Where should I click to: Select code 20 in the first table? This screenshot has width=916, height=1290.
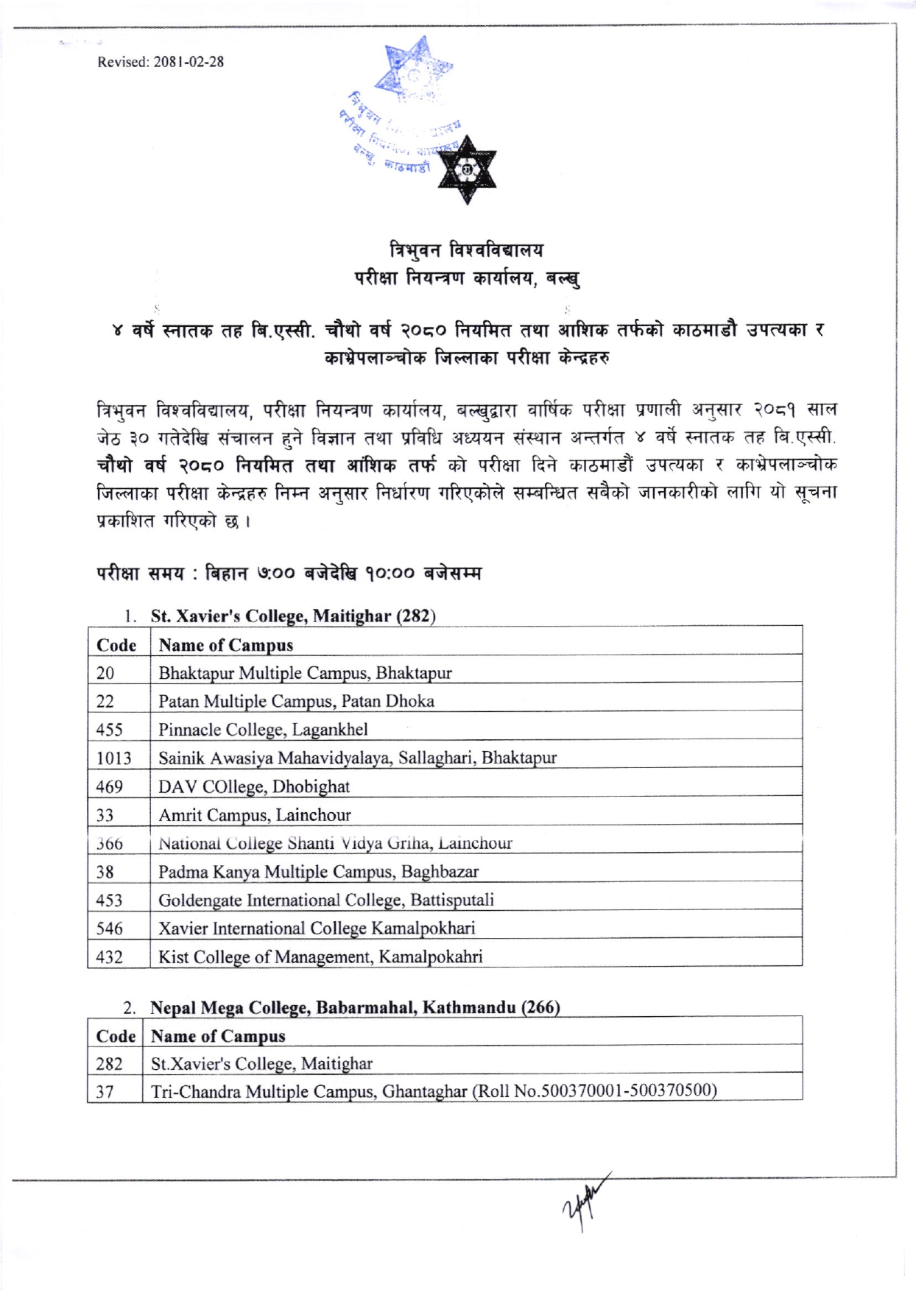[105, 673]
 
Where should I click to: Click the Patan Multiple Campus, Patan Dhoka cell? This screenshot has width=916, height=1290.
[296, 701]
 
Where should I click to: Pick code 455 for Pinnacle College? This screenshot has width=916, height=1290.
[109, 730]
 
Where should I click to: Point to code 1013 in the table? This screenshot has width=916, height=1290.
[113, 758]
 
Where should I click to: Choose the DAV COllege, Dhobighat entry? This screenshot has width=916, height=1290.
[254, 786]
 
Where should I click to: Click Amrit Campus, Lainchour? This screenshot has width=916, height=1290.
[255, 815]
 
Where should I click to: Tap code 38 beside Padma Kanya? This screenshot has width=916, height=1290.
[105, 872]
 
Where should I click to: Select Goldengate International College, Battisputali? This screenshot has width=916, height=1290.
[326, 900]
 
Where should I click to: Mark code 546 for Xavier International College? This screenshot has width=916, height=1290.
[109, 928]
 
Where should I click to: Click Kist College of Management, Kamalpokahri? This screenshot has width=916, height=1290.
[320, 956]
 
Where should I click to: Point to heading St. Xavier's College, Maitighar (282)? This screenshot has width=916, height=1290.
[293, 616]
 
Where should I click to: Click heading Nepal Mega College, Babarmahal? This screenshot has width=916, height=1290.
[355, 1007]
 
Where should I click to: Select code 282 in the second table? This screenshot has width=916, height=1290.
[109, 1064]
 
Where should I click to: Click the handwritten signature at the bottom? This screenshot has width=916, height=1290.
[586, 1200]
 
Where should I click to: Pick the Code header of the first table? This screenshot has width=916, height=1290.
[116, 645]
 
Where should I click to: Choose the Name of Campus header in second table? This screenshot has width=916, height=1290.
[218, 1036]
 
